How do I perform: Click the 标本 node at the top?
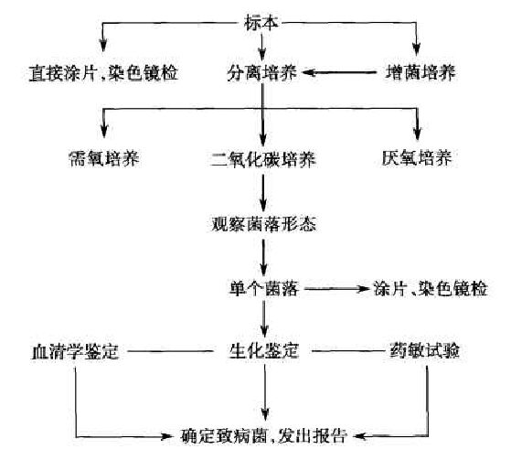click(261, 24)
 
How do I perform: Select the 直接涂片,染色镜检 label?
click(103, 72)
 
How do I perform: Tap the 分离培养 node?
click(262, 72)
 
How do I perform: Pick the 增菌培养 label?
click(421, 72)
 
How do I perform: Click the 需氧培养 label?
click(104, 159)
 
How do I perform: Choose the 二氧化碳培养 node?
click(263, 159)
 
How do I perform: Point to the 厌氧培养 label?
click(417, 158)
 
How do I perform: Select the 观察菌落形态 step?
click(263, 224)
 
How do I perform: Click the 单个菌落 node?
click(263, 289)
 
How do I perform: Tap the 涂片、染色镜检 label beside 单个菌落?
click(431, 289)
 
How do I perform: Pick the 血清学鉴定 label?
click(75, 352)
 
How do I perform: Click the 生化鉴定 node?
click(264, 351)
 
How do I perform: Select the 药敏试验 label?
click(425, 351)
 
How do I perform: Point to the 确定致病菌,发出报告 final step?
click(263, 435)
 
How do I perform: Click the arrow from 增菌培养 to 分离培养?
click(339, 72)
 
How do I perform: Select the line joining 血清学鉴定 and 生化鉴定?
click(170, 351)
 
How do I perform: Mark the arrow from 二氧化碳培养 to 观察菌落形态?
click(263, 193)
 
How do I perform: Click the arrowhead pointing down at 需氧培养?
click(104, 132)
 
